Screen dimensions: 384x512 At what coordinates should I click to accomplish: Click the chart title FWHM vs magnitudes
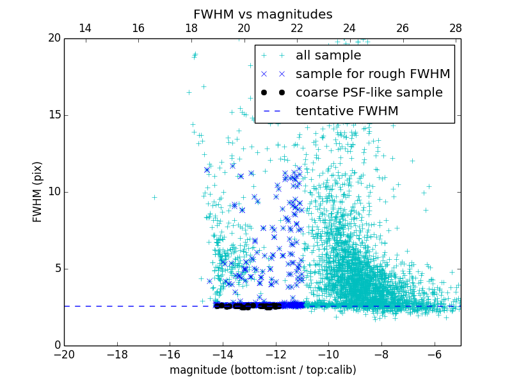click(x=262, y=14)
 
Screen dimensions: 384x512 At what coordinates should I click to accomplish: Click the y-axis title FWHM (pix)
click(x=38, y=192)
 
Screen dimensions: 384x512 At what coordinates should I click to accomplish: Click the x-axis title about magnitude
click(x=262, y=370)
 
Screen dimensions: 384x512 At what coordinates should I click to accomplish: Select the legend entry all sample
click(x=328, y=56)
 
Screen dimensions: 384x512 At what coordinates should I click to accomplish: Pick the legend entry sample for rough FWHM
click(x=372, y=74)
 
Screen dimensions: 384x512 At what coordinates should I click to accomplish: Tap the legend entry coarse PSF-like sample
click(x=369, y=93)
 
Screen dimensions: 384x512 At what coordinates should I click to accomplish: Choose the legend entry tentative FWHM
click(x=347, y=111)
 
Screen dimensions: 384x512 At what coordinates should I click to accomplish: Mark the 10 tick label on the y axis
click(x=53, y=192)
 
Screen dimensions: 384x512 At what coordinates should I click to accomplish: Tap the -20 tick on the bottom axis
click(x=64, y=354)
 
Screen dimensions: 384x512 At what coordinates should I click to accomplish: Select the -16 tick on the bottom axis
click(x=170, y=354)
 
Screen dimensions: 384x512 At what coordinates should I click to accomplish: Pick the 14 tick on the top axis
click(x=84, y=28)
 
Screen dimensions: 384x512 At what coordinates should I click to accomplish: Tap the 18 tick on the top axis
click(x=191, y=28)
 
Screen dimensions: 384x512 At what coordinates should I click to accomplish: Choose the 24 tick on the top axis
click(x=349, y=28)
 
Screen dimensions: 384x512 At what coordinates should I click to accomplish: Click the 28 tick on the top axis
click(x=455, y=28)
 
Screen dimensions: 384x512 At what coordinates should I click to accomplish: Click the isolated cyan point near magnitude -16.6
click(x=154, y=197)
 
